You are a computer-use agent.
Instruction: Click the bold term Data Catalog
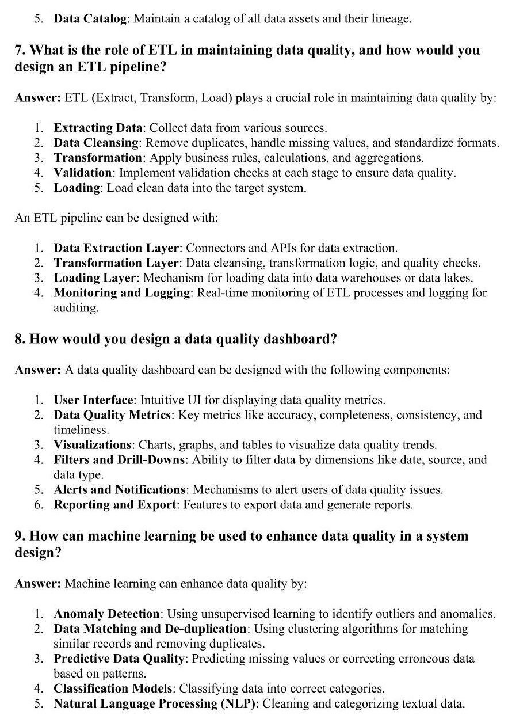pyautogui.click(x=90, y=19)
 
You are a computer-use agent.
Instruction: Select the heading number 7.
pyautogui.click(x=18, y=51)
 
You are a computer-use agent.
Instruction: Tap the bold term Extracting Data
pyautogui.click(x=98, y=128)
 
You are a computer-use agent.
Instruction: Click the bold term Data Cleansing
pyautogui.click(x=96, y=143)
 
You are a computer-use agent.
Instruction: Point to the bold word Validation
pyautogui.click(x=82, y=173)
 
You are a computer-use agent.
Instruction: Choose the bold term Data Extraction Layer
pyautogui.click(x=116, y=248)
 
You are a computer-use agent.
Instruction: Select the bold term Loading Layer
pyautogui.click(x=95, y=278)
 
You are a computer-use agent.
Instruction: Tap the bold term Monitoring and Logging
pyautogui.click(x=122, y=293)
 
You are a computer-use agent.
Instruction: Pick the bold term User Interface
pyautogui.click(x=94, y=400)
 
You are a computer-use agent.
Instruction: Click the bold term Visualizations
pyautogui.click(x=93, y=445)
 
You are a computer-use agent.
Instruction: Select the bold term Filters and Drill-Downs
pyautogui.click(x=120, y=460)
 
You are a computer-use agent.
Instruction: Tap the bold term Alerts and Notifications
pyautogui.click(x=120, y=490)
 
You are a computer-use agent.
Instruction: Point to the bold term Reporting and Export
pyautogui.click(x=115, y=505)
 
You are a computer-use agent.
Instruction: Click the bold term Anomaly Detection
pyautogui.click(x=106, y=614)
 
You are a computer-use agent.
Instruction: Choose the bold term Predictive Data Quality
pyautogui.click(x=119, y=659)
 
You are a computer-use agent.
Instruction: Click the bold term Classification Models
pyautogui.click(x=113, y=689)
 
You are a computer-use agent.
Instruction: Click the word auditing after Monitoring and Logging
pyautogui.click(x=75, y=308)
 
